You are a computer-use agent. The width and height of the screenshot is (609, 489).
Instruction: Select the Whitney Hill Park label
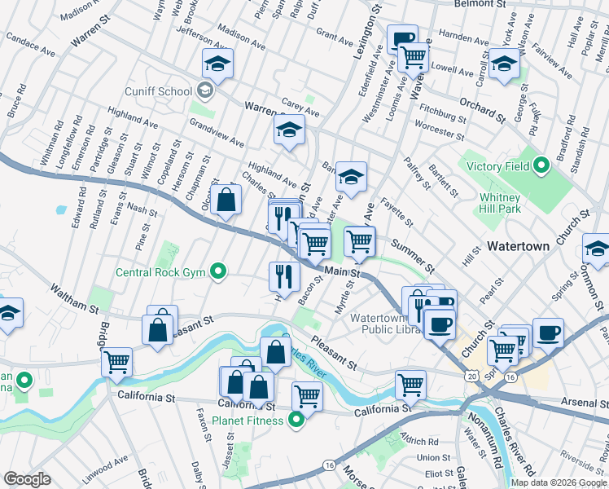pos(511,203)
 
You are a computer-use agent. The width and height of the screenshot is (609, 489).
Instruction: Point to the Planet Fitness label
pos(248,421)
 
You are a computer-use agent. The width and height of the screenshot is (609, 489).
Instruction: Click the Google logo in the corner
pos(28,479)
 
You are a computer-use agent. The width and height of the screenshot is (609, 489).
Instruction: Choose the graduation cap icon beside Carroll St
pos(505,64)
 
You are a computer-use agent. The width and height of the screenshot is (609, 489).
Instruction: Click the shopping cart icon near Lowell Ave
pos(414,58)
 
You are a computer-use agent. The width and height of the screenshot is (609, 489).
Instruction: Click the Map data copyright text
pos(557,482)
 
